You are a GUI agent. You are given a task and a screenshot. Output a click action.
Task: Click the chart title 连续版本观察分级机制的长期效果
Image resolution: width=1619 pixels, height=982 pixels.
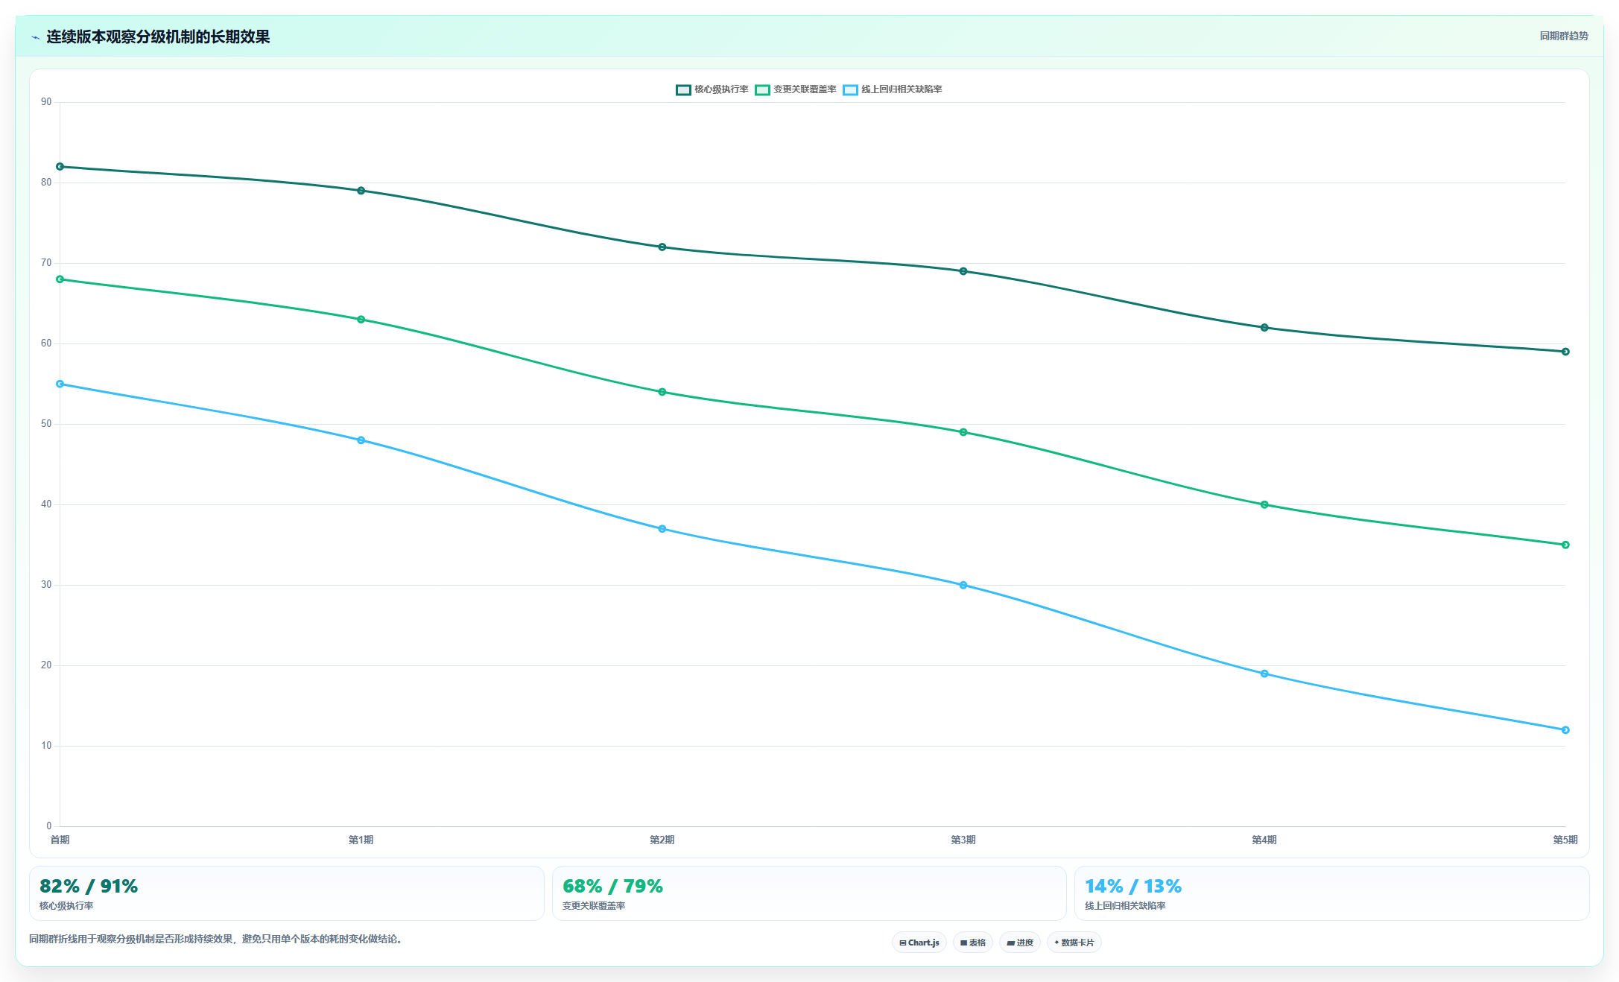tap(158, 37)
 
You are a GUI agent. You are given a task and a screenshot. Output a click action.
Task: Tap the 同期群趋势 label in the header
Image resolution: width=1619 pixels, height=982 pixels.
tap(1564, 36)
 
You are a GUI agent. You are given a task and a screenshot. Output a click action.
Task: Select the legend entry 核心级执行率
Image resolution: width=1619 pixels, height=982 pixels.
tap(712, 89)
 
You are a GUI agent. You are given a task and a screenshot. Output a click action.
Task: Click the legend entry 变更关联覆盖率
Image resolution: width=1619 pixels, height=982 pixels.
tap(796, 89)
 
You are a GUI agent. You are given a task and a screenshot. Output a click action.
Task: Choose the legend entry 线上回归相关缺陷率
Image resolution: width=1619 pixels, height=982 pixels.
tap(893, 89)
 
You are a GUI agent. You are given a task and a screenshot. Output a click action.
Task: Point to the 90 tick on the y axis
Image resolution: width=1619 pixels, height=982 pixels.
tap(46, 102)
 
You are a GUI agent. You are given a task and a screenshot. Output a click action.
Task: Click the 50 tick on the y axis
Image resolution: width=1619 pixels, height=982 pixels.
tap(46, 424)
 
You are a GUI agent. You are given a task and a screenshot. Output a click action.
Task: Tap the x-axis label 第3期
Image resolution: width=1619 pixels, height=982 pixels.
tap(963, 840)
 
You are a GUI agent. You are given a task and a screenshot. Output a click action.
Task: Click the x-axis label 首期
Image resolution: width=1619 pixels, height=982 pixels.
tap(60, 840)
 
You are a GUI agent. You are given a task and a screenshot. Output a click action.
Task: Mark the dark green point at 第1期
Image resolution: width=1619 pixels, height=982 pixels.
tap(361, 191)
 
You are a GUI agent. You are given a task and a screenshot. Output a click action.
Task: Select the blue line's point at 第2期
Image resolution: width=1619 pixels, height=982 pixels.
tap(662, 529)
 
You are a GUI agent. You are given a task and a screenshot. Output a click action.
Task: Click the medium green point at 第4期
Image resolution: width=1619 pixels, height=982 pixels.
tap(1264, 504)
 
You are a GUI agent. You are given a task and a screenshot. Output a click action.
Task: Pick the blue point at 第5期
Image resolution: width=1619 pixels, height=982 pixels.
tap(1565, 730)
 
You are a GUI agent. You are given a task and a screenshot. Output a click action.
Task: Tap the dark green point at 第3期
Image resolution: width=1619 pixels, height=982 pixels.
tap(963, 271)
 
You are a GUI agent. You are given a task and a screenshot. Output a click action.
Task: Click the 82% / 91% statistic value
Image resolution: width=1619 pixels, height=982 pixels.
tap(89, 886)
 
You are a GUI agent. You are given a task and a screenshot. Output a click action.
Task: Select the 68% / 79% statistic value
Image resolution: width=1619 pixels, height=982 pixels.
tap(612, 886)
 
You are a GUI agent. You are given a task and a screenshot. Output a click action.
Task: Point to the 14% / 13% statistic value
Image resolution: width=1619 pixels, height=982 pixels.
tap(1133, 886)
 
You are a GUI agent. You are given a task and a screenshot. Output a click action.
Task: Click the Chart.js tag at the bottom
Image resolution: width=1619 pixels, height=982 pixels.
tap(919, 943)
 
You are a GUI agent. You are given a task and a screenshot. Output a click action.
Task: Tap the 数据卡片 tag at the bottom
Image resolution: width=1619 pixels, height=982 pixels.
tap(1074, 943)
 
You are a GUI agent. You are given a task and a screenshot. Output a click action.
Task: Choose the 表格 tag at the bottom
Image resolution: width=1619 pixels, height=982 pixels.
tap(972, 943)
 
